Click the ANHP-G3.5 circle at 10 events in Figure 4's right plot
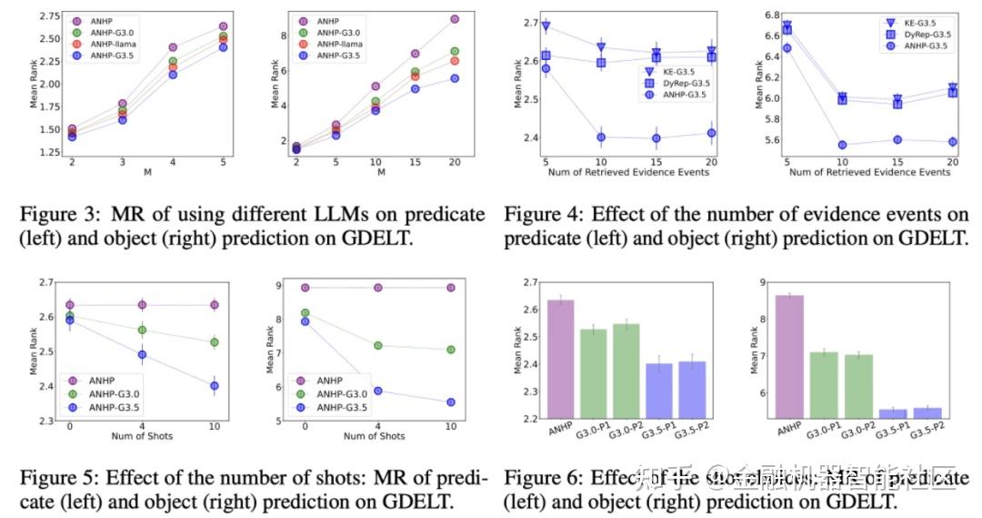tap(843, 145)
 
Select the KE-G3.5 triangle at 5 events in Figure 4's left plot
tap(546, 27)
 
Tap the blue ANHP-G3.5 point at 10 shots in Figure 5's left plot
tap(214, 386)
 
